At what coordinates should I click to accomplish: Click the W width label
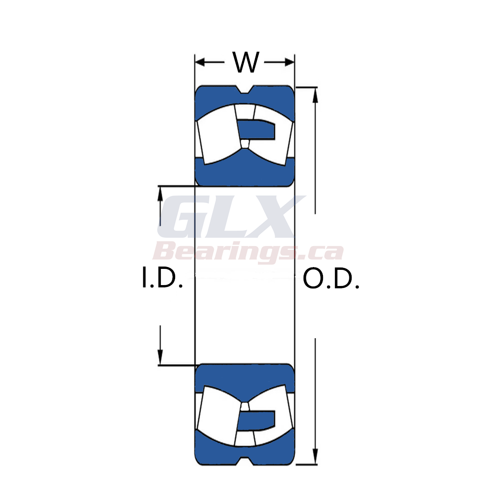pos(246,62)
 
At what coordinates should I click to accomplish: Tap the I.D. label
pos(162,278)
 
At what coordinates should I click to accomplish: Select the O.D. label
pos(331,279)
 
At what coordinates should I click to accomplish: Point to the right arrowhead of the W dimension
pos(290,62)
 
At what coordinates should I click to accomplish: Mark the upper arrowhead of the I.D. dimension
pos(160,194)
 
